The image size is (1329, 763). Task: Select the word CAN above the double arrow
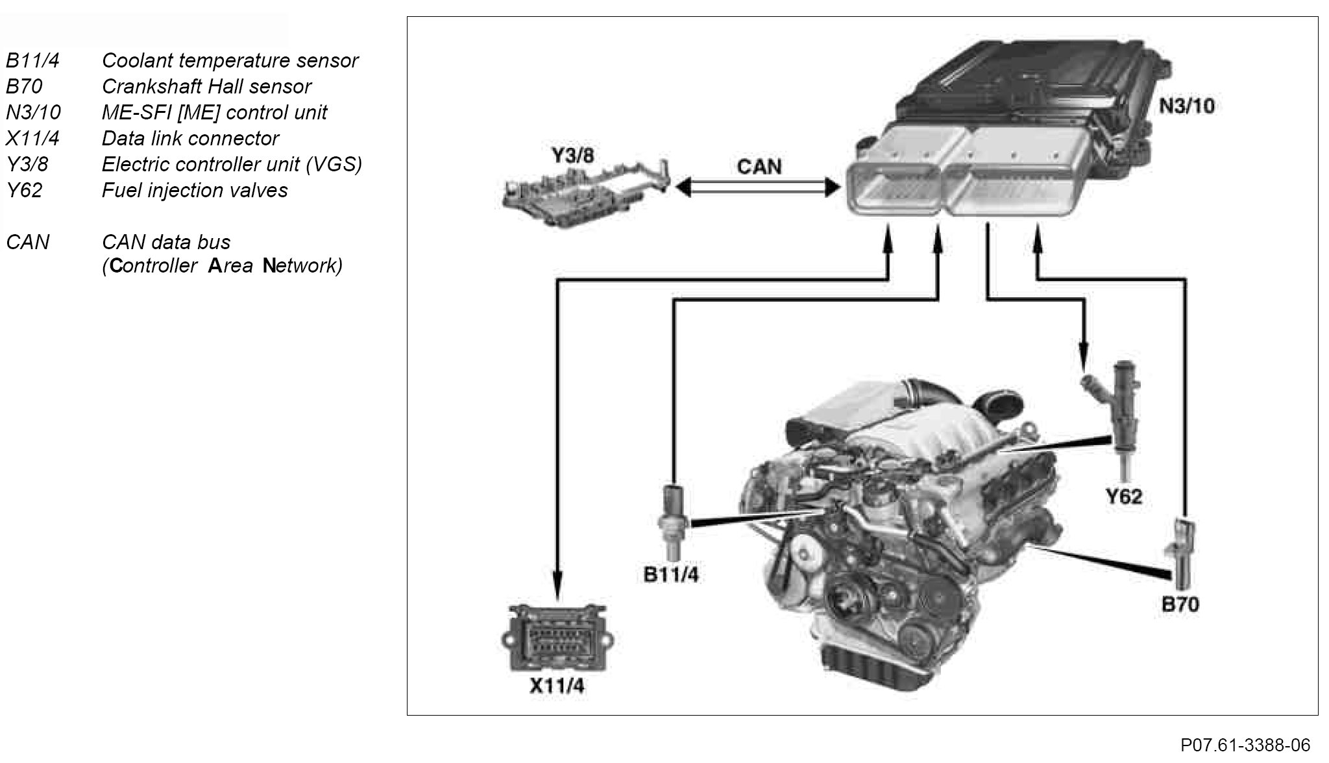point(759,167)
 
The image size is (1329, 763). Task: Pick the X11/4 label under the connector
point(556,686)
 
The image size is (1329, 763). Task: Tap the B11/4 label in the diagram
point(671,575)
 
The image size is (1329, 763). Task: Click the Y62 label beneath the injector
point(1123,496)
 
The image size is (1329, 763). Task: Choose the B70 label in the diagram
point(1180,605)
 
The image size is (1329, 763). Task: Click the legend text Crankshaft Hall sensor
point(206,86)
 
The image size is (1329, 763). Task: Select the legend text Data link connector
point(190,138)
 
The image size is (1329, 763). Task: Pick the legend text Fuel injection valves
point(195,190)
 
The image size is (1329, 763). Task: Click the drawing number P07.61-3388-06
point(1245,745)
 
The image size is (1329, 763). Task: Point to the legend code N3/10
point(33,112)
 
